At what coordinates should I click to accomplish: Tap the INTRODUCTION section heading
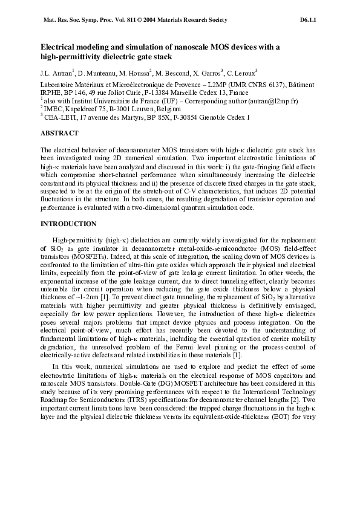(x=68, y=224)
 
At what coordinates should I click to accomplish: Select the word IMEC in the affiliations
(x=53, y=109)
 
